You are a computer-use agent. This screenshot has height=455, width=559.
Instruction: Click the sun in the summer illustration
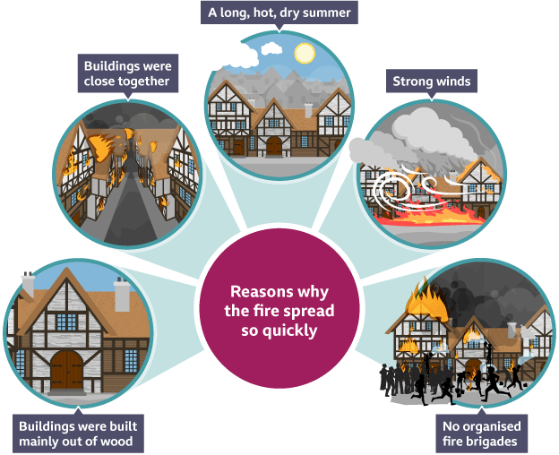[305, 53]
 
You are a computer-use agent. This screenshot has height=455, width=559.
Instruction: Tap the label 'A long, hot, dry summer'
[279, 13]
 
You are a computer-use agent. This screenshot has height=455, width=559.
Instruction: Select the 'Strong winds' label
[431, 82]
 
